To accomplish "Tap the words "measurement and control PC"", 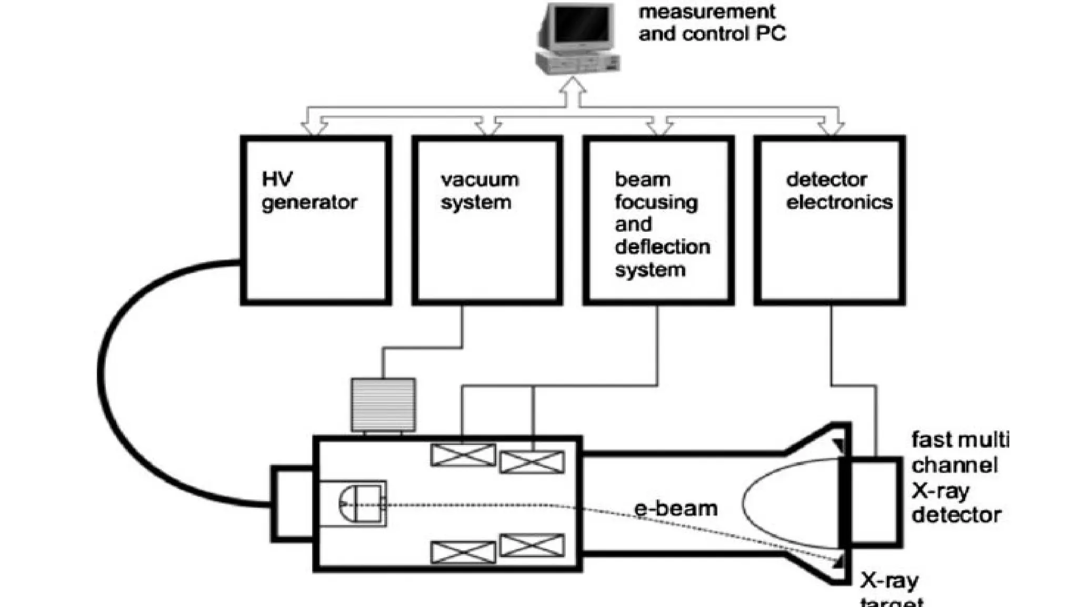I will click(712, 23).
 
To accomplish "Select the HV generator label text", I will click(309, 191).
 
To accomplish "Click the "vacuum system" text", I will click(479, 191).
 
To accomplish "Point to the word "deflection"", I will click(662, 247).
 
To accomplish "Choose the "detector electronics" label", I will click(839, 191).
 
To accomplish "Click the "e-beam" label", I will click(676, 509).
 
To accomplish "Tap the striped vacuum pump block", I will click(383, 405).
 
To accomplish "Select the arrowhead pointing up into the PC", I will click(573, 87).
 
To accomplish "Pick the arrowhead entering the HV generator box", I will click(314, 128).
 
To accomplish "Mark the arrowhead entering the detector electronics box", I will click(832, 128).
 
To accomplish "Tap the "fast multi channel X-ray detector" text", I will click(959, 477).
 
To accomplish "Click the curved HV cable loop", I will click(105, 379).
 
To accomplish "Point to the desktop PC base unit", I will click(577, 63).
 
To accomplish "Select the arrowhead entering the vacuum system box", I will click(488, 128).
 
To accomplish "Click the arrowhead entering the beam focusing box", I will click(660, 128).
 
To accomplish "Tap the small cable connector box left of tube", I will click(292, 504).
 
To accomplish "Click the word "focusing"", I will click(656, 202).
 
